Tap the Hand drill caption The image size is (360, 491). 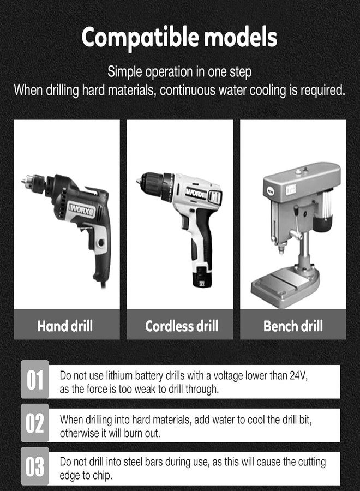(x=65, y=326)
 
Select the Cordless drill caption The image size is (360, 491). (x=182, y=326)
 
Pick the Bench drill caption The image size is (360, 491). (x=293, y=326)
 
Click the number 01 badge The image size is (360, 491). (x=35, y=380)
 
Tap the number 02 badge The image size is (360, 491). (x=35, y=423)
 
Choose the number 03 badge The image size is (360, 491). (x=35, y=467)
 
